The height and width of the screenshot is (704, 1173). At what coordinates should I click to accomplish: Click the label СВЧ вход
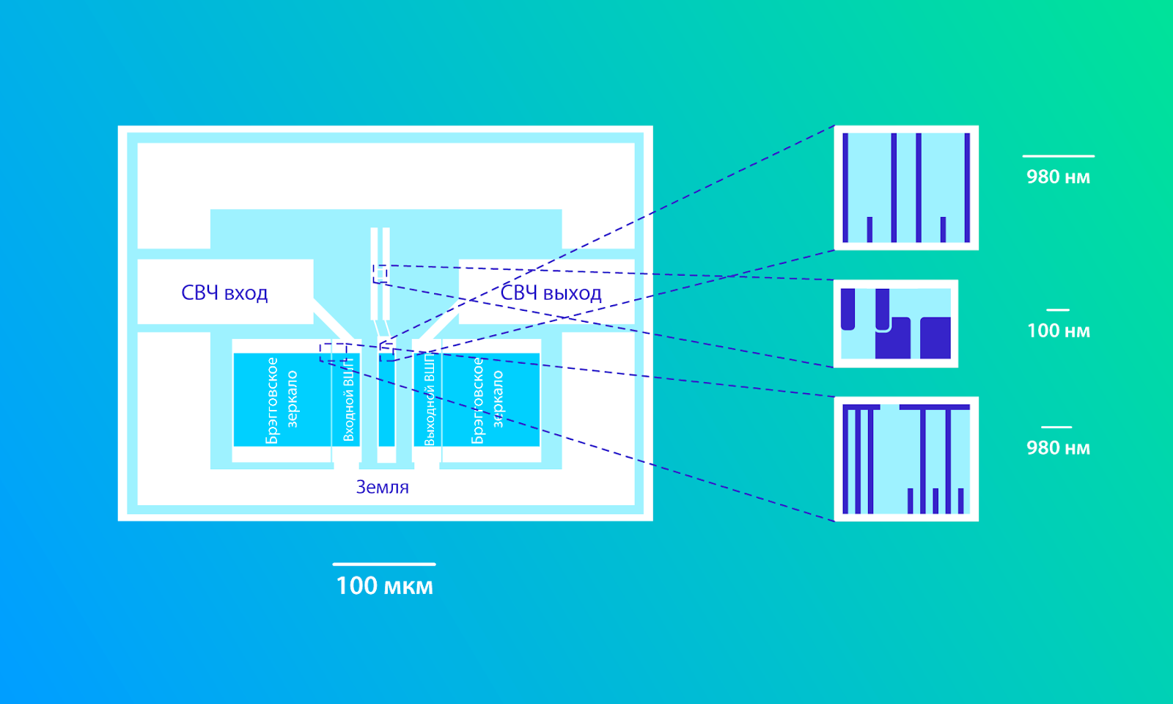coord(224,293)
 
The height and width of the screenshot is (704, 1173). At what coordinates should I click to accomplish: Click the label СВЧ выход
coord(551,293)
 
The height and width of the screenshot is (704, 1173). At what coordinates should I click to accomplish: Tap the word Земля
coord(382,487)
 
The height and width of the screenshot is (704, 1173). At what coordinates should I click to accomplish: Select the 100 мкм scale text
coord(384,586)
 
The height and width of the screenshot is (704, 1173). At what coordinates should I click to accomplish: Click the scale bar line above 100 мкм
coord(384,564)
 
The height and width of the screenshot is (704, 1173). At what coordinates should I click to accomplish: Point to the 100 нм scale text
coord(1059,331)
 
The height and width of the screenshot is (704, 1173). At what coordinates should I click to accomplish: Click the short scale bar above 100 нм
coord(1058,310)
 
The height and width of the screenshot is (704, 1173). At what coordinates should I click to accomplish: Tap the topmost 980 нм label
coord(1059,177)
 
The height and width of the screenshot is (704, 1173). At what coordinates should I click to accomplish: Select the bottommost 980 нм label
coord(1059,448)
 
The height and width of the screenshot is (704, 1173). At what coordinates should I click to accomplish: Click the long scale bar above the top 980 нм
coord(1059,156)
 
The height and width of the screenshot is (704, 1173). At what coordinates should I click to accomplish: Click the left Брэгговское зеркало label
coord(282,400)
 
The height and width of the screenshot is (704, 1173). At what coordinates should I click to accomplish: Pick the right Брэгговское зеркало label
coord(487,400)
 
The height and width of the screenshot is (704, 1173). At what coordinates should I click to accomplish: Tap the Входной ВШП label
coord(349,400)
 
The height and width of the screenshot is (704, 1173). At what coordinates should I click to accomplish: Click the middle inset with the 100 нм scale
coord(895,323)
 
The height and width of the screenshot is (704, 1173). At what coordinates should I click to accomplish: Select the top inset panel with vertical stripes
coord(906,188)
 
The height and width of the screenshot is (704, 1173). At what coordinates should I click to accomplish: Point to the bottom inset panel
coord(906,459)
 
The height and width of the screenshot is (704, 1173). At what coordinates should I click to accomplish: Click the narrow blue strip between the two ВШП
coord(386,400)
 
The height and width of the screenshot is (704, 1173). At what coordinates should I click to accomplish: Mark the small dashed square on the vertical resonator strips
coord(380,274)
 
